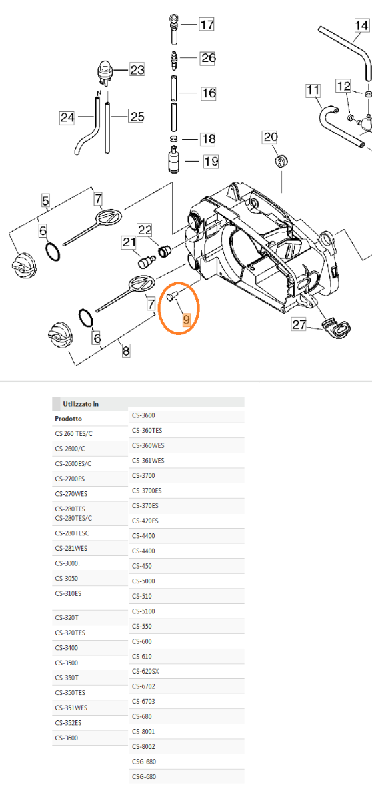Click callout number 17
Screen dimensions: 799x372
click(207, 25)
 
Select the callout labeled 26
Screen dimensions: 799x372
click(208, 58)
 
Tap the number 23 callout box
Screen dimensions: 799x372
click(137, 69)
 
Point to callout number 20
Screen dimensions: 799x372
click(270, 138)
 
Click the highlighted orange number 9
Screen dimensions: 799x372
click(187, 320)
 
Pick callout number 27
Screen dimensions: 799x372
click(298, 324)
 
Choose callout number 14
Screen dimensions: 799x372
click(361, 26)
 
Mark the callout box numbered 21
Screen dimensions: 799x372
click(128, 243)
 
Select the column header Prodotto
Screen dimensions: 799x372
click(69, 419)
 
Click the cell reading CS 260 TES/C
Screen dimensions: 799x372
click(74, 433)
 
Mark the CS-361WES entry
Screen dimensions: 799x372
click(148, 460)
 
